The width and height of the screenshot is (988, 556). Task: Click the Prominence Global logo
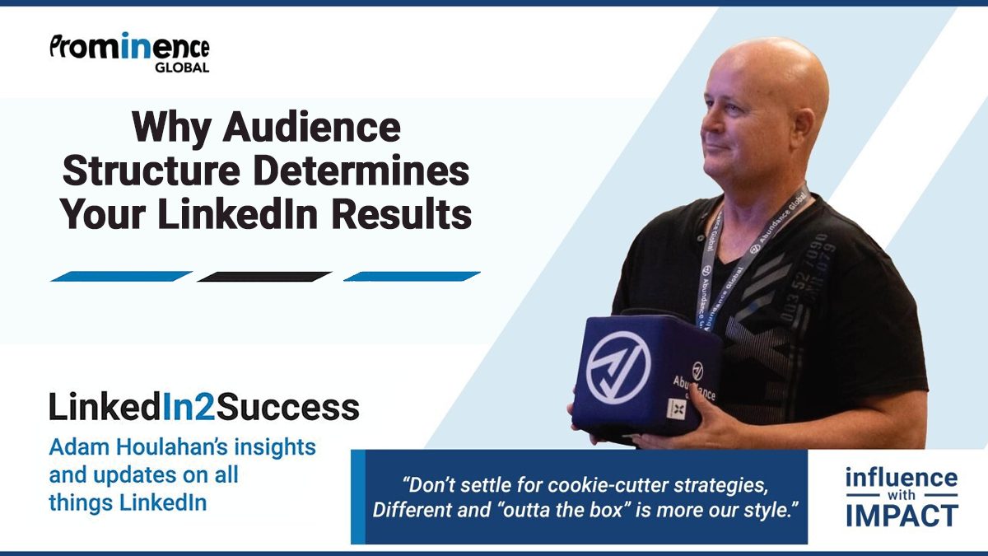coord(130,52)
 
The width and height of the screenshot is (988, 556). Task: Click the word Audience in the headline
coord(311,127)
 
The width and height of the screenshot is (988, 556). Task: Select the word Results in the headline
coord(402,214)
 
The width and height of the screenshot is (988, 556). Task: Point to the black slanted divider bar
coord(264,277)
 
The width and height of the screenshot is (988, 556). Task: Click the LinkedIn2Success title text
coord(204,407)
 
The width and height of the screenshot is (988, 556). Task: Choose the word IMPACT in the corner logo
coord(902,516)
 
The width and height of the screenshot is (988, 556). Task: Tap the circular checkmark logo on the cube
coord(618,367)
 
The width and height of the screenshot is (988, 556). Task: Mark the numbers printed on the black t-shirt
coord(807,273)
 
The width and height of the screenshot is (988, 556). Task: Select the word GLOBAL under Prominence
coord(182,68)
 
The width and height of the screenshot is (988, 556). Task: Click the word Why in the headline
coord(170,128)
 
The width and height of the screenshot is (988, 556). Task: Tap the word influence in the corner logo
coord(902,478)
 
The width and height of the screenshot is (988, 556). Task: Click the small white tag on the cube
coord(676,409)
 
